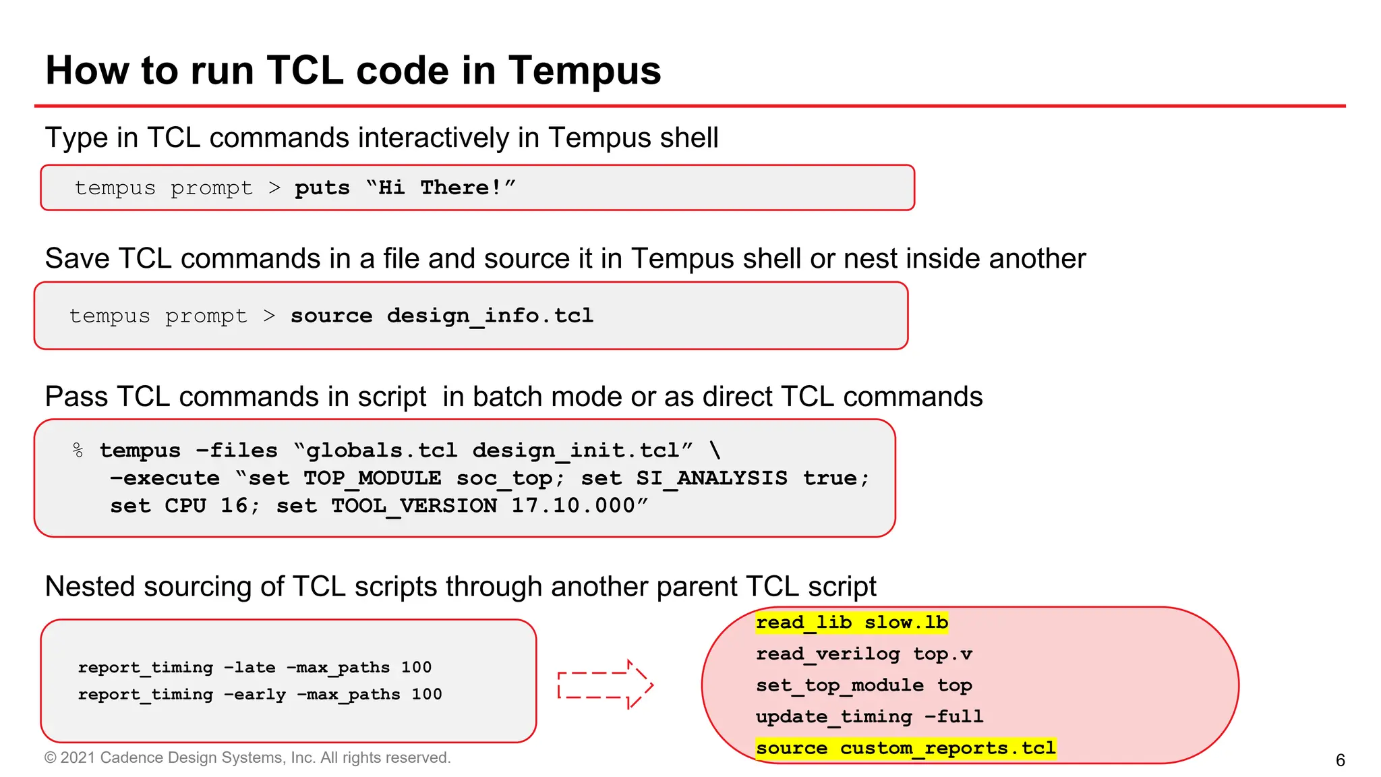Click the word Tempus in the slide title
pyautogui.click(x=585, y=71)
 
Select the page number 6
pyautogui.click(x=1340, y=760)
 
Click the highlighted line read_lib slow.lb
pyautogui.click(x=852, y=622)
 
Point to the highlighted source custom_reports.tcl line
pyautogui.click(x=906, y=748)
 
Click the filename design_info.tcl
pyautogui.click(x=490, y=316)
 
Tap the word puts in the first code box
pyautogui.click(x=322, y=188)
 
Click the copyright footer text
pyautogui.click(x=247, y=757)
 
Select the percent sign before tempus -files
pyautogui.click(x=78, y=450)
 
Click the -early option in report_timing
pyautogui.click(x=255, y=694)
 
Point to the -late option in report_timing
pyautogui.click(x=249, y=667)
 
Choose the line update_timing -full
pyautogui.click(x=869, y=716)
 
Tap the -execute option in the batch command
pyautogui.click(x=165, y=478)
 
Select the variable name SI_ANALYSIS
pyautogui.click(x=711, y=478)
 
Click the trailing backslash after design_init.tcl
pyautogui.click(x=715, y=450)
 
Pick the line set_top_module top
pyautogui.click(x=864, y=685)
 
